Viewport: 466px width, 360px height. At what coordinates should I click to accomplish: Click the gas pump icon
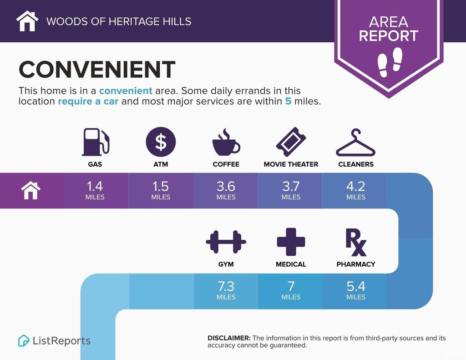(96, 142)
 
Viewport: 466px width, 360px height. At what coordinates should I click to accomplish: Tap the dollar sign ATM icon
(161, 142)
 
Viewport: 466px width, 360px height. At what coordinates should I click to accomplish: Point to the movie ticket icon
(291, 142)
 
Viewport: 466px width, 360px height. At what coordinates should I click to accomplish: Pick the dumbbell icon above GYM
(226, 242)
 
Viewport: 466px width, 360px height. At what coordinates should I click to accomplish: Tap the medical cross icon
(291, 242)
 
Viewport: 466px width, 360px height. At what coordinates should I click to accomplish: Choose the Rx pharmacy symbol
(356, 242)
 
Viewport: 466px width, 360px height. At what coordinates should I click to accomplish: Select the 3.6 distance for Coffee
(226, 187)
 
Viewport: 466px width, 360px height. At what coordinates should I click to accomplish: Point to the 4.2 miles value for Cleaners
(356, 187)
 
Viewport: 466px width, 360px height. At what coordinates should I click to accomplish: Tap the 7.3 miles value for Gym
(226, 287)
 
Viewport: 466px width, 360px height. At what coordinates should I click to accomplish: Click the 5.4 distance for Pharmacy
(356, 287)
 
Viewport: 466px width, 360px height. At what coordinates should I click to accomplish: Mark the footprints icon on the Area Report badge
(390, 62)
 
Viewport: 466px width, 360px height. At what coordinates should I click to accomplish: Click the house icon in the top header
(27, 21)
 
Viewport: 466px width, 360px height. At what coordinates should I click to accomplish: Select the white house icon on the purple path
(31, 191)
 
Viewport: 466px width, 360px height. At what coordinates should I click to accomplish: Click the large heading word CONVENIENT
(97, 69)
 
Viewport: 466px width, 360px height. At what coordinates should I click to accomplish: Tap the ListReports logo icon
(24, 341)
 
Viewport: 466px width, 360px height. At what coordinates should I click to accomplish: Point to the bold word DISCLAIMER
(229, 338)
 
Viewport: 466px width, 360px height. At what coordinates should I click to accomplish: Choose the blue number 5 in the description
(288, 101)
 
